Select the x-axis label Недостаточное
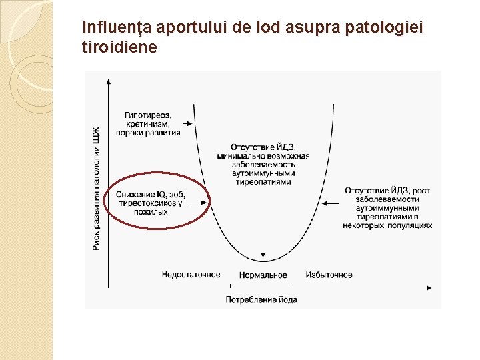pos(191,275)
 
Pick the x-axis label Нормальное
pos(263,275)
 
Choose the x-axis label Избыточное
pos(329,275)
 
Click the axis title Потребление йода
pos(261,299)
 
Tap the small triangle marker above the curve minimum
pos(263,256)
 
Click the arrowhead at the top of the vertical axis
pos(108,81)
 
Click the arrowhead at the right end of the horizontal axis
pos(429,288)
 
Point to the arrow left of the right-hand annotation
pos(326,203)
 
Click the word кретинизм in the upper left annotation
pos(147,123)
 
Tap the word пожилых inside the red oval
pos(151,211)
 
